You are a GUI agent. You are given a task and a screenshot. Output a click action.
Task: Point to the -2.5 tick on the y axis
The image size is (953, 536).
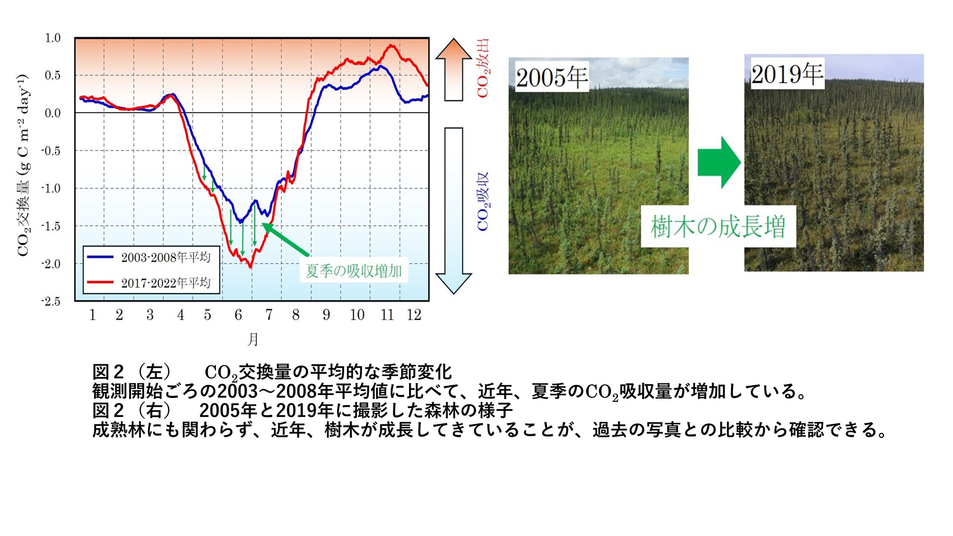pos(51,301)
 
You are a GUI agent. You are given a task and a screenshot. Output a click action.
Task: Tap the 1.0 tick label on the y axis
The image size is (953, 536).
pos(53,38)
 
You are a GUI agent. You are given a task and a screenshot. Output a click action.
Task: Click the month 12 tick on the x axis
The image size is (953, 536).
pos(414,315)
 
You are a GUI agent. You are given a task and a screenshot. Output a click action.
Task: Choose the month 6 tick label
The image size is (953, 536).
pos(238,315)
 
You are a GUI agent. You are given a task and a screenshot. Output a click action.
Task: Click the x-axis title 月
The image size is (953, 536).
pos(253,339)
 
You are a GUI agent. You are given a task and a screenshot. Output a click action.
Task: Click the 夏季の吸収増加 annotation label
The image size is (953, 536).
pos(354,270)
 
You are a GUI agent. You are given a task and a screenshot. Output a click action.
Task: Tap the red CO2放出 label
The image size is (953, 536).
pos(483,68)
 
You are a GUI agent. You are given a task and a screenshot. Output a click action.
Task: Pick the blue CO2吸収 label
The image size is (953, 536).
pos(483,202)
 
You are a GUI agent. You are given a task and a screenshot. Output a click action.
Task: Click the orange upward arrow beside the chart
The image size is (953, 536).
pos(454,70)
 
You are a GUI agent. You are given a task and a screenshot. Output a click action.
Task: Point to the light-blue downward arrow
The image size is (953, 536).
pos(454,211)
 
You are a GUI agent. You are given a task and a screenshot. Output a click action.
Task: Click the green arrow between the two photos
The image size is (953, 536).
pos(719,162)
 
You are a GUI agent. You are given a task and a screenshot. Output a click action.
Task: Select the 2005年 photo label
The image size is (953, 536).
pos(552,77)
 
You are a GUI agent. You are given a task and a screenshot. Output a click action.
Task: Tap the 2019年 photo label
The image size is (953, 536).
pos(787,74)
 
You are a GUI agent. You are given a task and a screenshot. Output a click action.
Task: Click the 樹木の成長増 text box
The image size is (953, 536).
pos(718,226)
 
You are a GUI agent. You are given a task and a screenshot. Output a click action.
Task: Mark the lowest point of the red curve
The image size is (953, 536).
pos(250,268)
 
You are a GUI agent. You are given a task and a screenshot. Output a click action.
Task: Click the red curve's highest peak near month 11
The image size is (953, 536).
pos(392,46)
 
